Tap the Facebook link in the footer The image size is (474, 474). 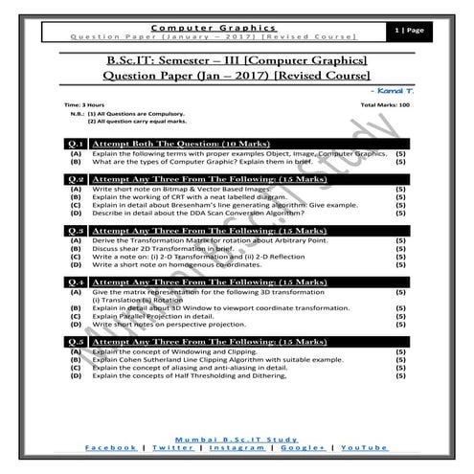(111, 447)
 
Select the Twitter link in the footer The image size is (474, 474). (173, 447)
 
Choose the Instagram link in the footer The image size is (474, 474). (237, 447)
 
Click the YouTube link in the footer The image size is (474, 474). (365, 447)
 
